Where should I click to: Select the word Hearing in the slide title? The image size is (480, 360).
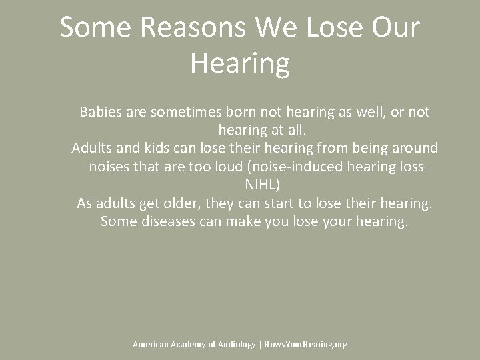tap(240, 63)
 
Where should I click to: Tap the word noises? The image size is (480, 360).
tap(109, 166)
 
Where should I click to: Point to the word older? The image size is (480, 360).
tap(183, 202)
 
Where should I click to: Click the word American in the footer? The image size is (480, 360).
tap(150, 344)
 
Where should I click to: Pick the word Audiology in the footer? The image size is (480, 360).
tap(237, 344)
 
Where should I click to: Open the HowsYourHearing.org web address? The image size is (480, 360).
tap(305, 344)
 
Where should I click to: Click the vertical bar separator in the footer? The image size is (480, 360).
tap(259, 344)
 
